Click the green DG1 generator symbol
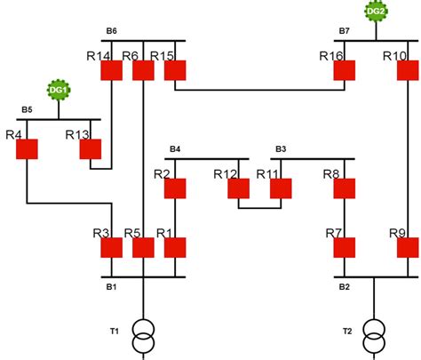click(59, 90)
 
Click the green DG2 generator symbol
click(376, 12)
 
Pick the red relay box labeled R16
click(345, 70)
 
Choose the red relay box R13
click(90, 148)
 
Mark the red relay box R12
click(238, 188)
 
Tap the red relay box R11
click(282, 188)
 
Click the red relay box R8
click(345, 188)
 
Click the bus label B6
click(111, 31)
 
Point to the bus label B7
click(345, 31)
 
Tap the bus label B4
click(175, 148)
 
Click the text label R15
click(162, 56)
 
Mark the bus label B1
click(111, 287)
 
